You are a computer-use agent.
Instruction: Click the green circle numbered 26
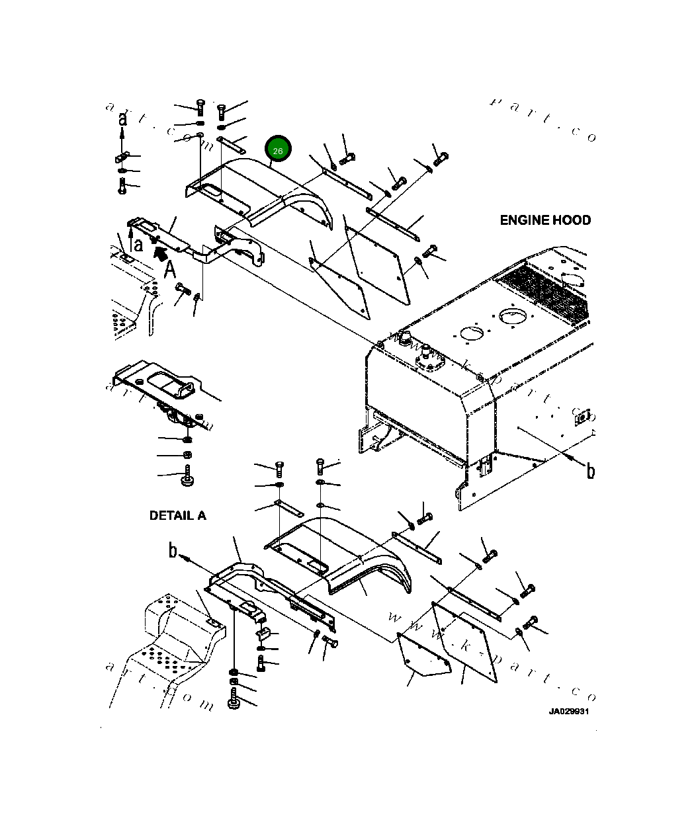[278, 151]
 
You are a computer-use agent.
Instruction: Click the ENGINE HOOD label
[545, 220]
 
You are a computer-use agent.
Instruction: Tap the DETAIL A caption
[177, 515]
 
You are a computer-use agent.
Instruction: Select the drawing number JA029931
[568, 712]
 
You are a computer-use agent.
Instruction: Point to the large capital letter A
[170, 269]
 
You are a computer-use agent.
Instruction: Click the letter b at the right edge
[590, 470]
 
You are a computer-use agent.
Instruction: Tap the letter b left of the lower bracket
[173, 550]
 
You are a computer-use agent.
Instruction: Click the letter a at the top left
[122, 119]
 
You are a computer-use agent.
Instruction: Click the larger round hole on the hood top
[513, 317]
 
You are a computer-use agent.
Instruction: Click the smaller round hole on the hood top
[472, 334]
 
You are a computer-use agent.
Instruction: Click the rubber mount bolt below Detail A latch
[188, 477]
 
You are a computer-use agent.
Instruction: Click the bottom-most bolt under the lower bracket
[234, 700]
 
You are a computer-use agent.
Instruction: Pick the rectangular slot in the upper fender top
[213, 190]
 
